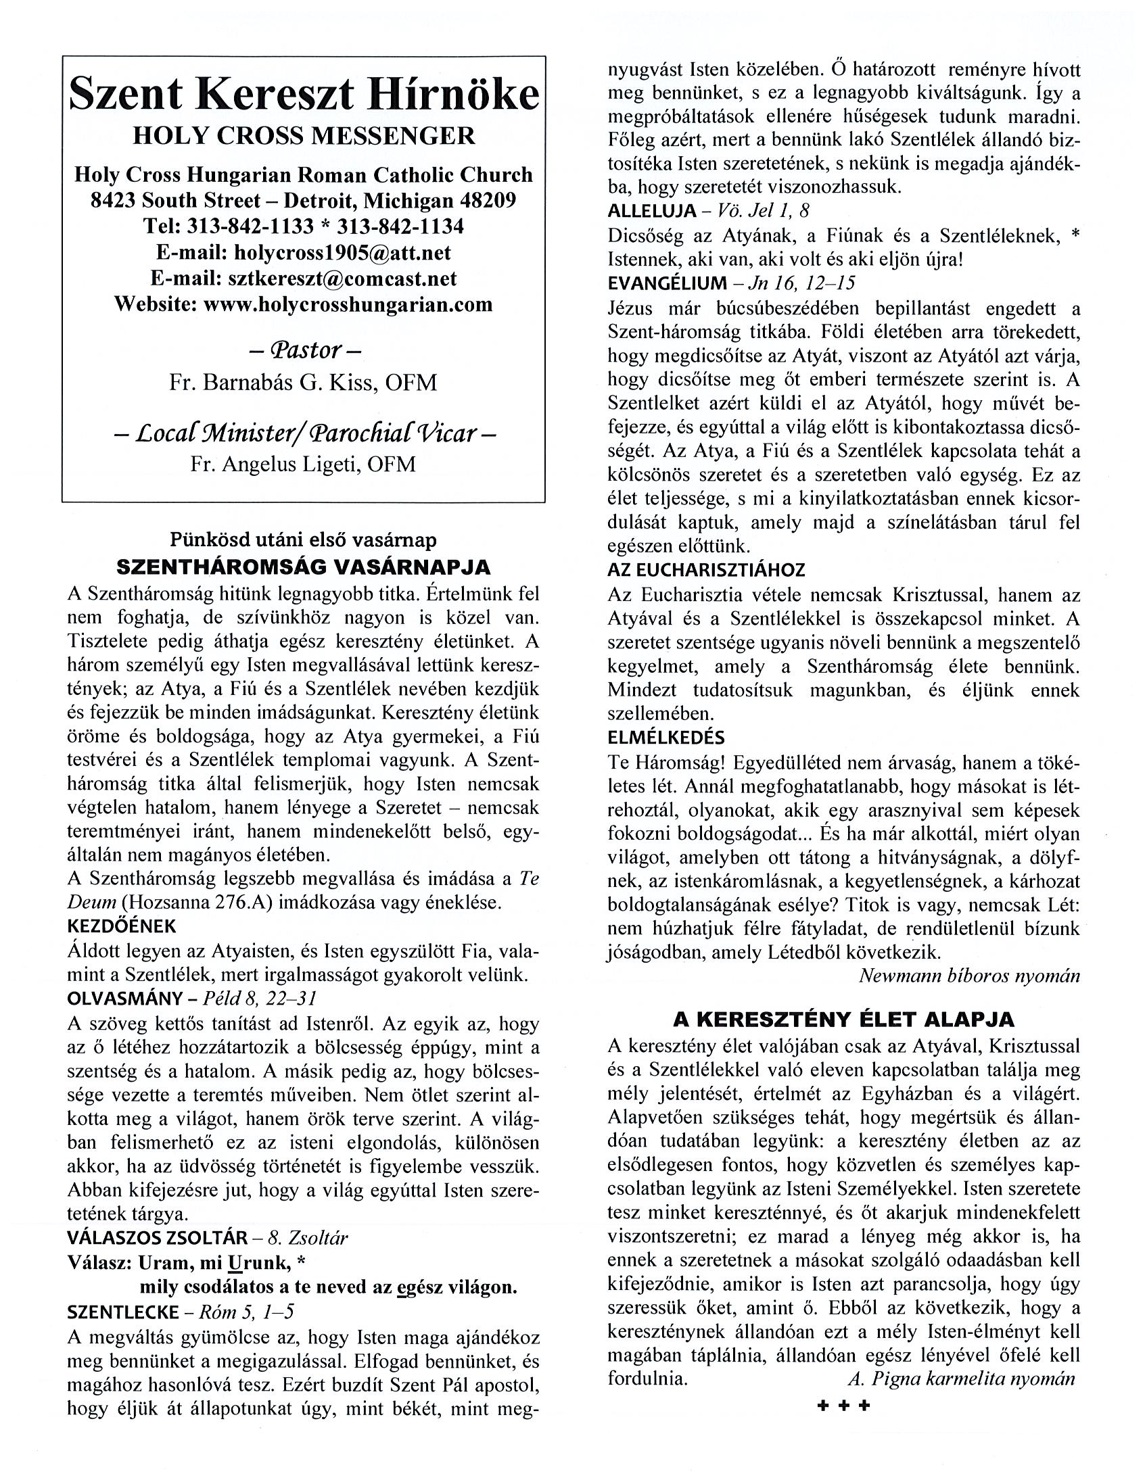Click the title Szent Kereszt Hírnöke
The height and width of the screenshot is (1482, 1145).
click(x=304, y=94)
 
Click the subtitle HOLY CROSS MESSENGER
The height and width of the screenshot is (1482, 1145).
click(x=304, y=136)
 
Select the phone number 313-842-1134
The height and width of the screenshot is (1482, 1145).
click(x=400, y=226)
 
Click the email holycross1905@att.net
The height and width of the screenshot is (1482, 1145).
click(x=342, y=252)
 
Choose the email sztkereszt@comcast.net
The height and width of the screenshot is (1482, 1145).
click(x=342, y=279)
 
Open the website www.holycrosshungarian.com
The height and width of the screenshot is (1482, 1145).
click(x=348, y=304)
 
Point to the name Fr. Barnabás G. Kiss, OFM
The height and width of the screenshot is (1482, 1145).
click(x=303, y=383)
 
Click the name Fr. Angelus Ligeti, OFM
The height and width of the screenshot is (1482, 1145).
click(x=303, y=464)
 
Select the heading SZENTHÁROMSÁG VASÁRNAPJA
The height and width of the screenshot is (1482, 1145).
click(x=304, y=567)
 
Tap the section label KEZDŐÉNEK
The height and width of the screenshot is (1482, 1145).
click(x=122, y=926)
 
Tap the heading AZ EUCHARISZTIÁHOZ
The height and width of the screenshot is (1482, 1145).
click(x=706, y=570)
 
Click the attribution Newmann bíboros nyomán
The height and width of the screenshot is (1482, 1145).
click(x=968, y=976)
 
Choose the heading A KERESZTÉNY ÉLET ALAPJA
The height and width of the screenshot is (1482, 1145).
click(x=843, y=1020)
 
